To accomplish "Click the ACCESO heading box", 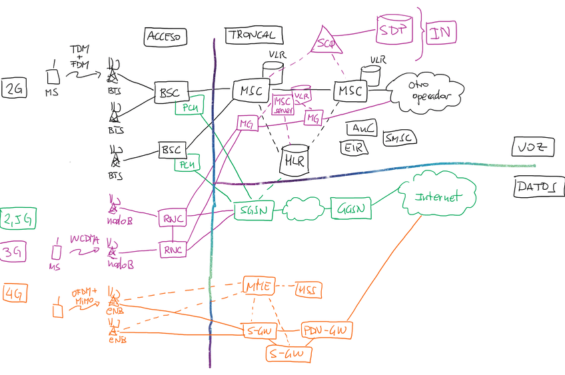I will (165, 37).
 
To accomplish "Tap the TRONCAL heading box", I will (251, 35).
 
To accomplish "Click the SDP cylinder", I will (395, 29).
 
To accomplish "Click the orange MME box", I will (258, 286).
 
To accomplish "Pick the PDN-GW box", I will (327, 330).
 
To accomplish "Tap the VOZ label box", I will (532, 147).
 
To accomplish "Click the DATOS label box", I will (534, 187).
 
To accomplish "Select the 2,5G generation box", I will (15, 218).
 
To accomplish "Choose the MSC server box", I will (283, 105).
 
